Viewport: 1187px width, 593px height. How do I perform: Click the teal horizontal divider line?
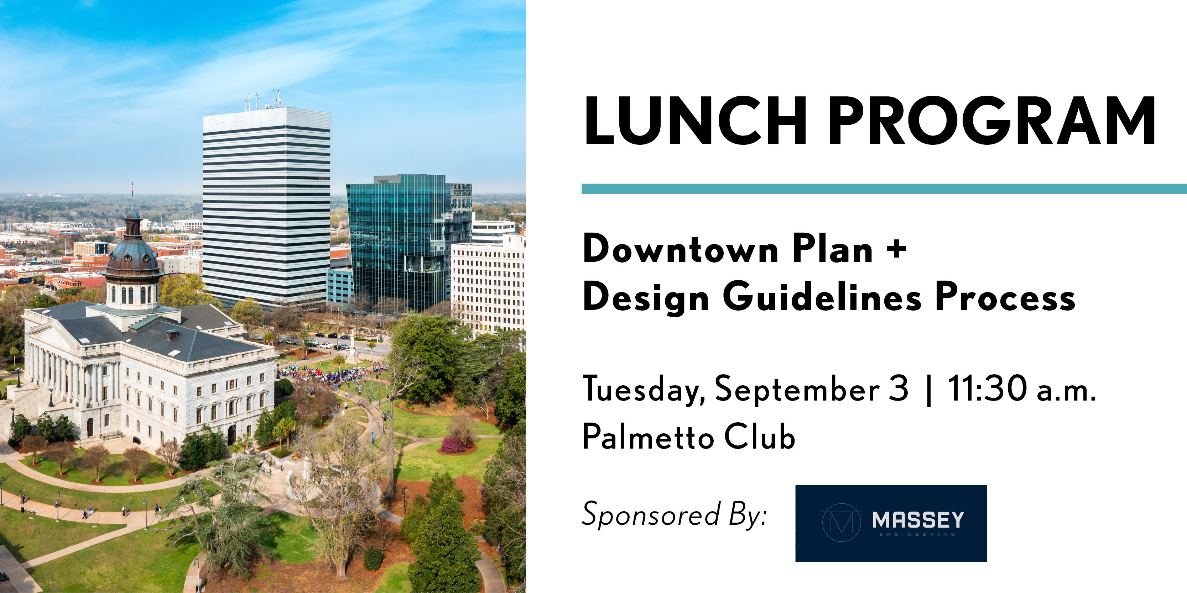tap(884, 189)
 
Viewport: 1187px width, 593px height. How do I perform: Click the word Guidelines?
tap(822, 298)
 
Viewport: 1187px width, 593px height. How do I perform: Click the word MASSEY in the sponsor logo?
tap(918, 520)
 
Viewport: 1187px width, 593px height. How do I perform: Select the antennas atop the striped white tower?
tap(265, 100)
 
